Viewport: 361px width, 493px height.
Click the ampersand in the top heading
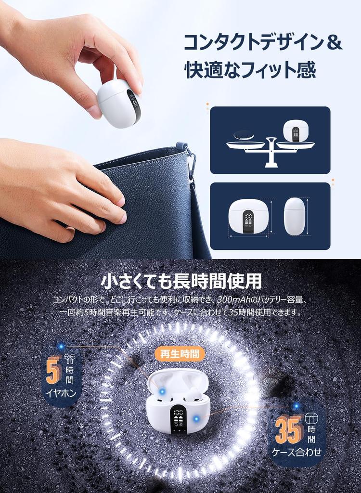pyautogui.click(x=335, y=42)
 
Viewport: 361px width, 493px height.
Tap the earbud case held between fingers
pyautogui.click(x=119, y=104)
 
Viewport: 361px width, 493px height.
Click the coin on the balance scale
pyautogui.click(x=244, y=136)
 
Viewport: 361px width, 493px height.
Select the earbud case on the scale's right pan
pyautogui.click(x=296, y=130)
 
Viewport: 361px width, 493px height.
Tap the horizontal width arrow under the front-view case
pyautogui.click(x=248, y=236)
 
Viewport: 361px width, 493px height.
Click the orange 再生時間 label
pyautogui.click(x=180, y=354)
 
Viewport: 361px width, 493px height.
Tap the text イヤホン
pyautogui.click(x=61, y=393)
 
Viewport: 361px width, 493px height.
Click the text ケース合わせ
pyautogui.click(x=297, y=452)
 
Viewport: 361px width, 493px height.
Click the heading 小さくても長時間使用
pyautogui.click(x=181, y=281)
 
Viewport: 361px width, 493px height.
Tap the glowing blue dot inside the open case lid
pyautogui.click(x=162, y=391)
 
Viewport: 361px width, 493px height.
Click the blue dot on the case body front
pyautogui.click(x=196, y=418)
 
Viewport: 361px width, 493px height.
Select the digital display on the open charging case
pyautogui.click(x=178, y=419)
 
